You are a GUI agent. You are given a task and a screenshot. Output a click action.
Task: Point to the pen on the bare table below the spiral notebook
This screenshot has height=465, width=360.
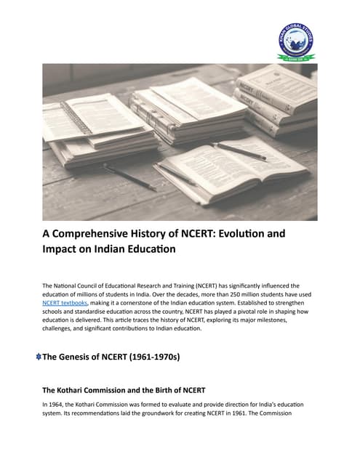(x=129, y=177)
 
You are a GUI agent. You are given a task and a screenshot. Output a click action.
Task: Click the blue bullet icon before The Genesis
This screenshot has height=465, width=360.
(x=38, y=357)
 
